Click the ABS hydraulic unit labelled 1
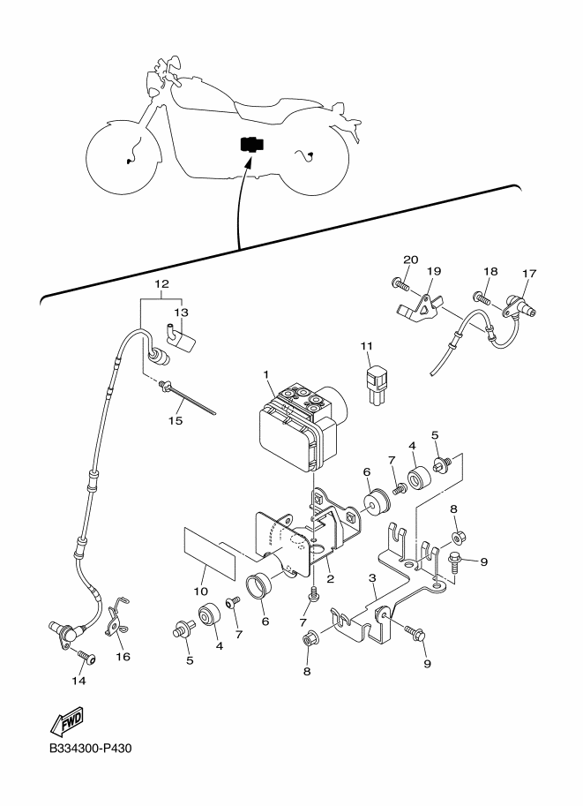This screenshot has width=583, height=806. pos(302,426)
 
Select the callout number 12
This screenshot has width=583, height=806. pos(161,283)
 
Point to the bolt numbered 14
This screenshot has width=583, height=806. pos(86,657)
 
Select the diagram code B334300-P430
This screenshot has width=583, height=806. pos(90,748)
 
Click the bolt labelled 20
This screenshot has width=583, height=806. pos(400,282)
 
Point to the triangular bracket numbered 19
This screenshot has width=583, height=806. pos(419,308)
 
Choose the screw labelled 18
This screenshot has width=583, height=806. pos(482,298)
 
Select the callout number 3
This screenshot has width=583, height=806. pos(372,578)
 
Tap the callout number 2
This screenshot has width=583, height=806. pos(330,579)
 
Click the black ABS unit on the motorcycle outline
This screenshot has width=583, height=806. pos(251,145)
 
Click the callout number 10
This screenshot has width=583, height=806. pos(201,591)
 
